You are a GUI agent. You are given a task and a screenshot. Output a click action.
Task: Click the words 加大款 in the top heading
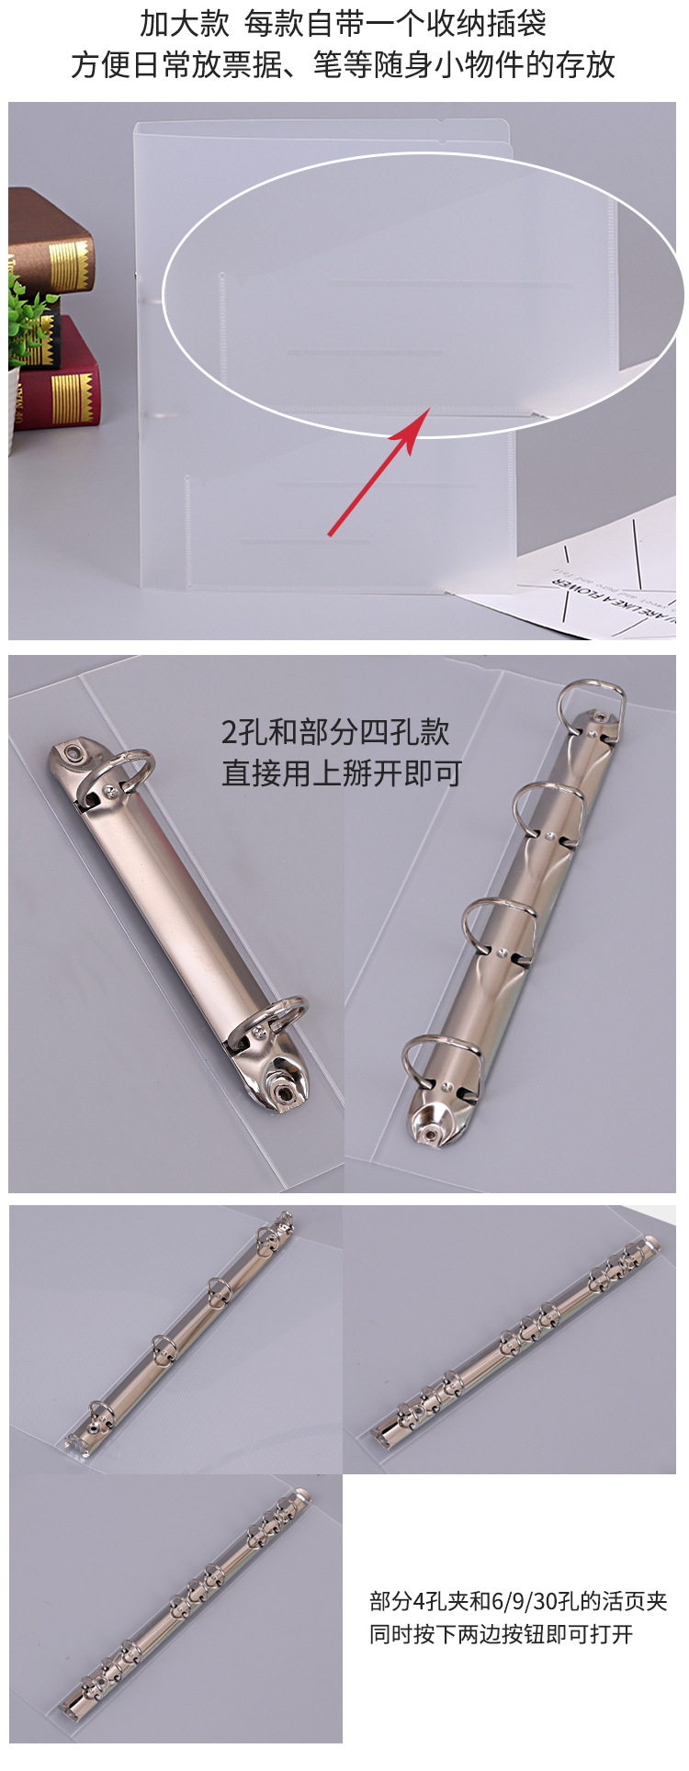coord(184,24)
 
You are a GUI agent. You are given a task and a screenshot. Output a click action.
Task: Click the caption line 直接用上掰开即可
coord(341,773)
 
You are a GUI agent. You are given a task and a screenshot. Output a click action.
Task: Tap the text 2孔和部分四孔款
coord(335,732)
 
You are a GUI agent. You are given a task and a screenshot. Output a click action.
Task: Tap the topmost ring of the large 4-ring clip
coord(592,700)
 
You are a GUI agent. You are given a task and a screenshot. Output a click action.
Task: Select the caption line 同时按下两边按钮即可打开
coord(501,1634)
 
